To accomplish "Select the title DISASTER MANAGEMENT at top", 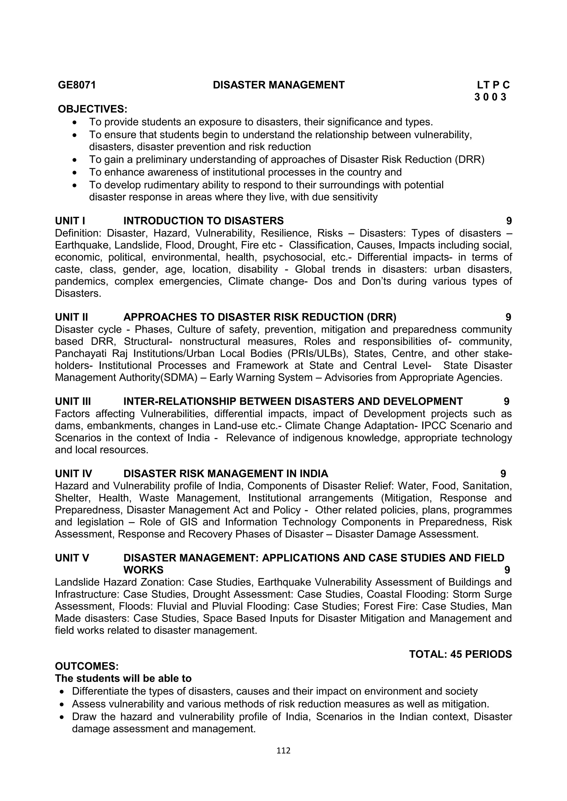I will point(279,85).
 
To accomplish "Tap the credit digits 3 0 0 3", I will point(490,97).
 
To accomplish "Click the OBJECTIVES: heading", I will point(92,109).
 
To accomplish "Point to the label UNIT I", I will point(70,221).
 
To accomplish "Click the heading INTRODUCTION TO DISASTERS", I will point(203,221).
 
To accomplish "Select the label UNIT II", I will point(72,317).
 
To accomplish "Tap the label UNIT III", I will point(73,402).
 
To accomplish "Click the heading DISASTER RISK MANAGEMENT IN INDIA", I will point(226,474).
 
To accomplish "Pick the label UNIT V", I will point(72,558).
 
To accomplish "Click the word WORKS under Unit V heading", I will point(143,570).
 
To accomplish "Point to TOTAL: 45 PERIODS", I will point(460,654).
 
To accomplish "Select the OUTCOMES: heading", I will point(87,666).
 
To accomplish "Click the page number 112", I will point(283,751).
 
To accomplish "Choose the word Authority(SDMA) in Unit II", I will point(157,378).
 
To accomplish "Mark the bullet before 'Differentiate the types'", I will point(62,691).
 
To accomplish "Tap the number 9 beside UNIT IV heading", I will point(503,474).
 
